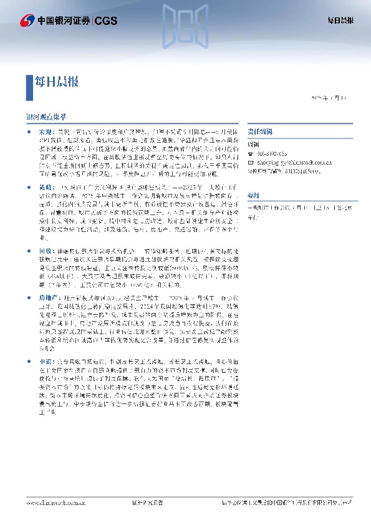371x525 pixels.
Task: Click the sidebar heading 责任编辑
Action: click(258, 133)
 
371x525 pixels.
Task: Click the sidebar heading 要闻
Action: click(253, 194)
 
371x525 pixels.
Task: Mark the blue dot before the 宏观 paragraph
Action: click(29, 133)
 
